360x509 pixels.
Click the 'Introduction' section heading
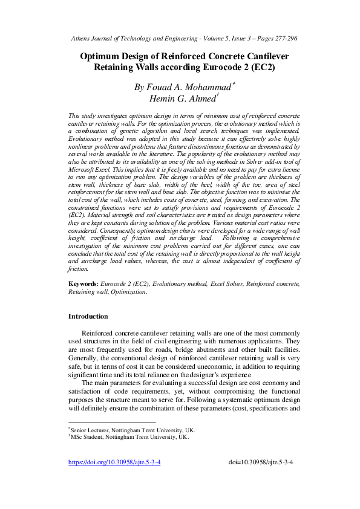tap(88, 316)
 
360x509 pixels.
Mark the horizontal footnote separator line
tap(112, 423)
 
